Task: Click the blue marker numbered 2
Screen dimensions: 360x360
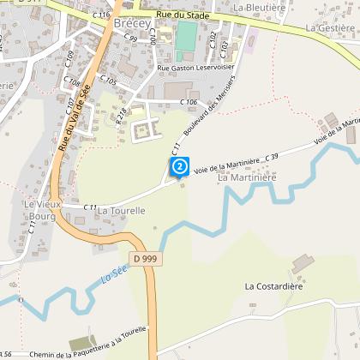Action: [x=179, y=165]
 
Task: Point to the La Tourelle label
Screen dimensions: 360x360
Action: [x=122, y=210]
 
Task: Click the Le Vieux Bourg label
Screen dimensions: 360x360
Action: [x=40, y=210]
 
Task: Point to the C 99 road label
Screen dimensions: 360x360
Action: [x=130, y=39]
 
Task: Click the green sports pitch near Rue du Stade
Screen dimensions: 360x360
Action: [x=186, y=37]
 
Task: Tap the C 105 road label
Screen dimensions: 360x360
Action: [x=108, y=80]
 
